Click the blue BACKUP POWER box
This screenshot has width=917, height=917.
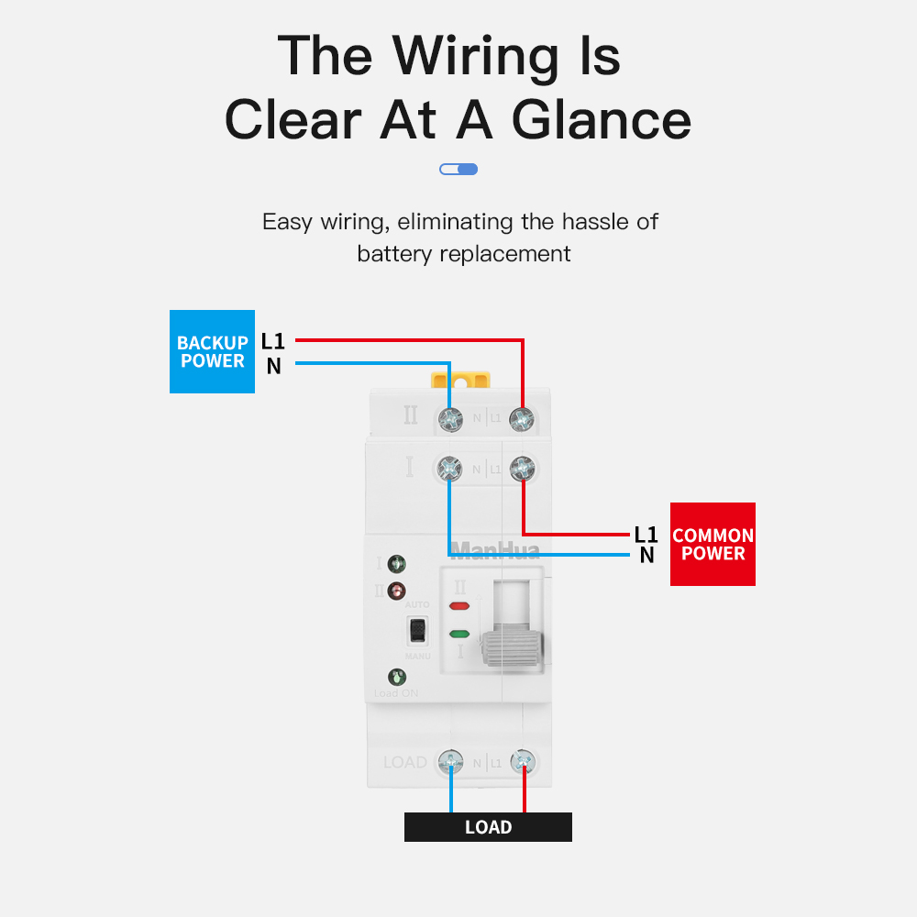(212, 351)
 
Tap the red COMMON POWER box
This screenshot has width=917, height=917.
(713, 544)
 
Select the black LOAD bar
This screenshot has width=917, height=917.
(488, 827)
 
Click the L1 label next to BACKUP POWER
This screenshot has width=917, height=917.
(273, 342)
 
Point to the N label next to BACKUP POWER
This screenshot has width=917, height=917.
(273, 367)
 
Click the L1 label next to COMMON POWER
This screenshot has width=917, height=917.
(646, 534)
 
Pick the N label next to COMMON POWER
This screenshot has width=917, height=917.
(646, 555)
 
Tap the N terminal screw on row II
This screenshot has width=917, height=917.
(450, 420)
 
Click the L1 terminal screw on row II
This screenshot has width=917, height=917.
(522, 420)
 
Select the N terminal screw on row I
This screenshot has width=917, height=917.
(449, 468)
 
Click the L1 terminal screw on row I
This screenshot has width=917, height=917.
(522, 468)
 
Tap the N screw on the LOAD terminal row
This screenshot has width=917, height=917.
(450, 761)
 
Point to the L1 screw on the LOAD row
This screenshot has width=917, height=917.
(523, 761)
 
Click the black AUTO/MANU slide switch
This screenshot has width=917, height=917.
(417, 630)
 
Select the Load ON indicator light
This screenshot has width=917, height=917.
(397, 678)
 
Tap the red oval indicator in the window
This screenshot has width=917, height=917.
(459, 606)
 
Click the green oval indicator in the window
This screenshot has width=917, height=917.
(459, 634)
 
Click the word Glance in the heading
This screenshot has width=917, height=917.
(601, 120)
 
